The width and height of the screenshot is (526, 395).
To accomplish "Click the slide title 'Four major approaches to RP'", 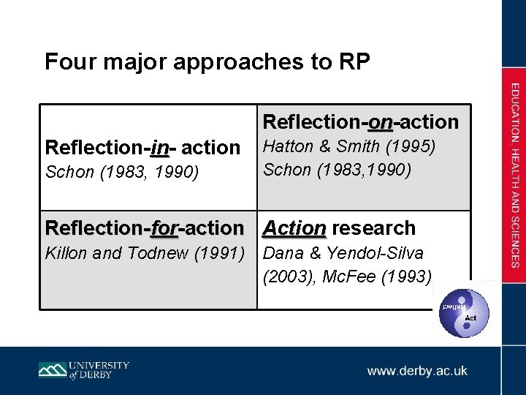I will [207, 61].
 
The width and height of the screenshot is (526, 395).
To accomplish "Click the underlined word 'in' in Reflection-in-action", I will [159, 148].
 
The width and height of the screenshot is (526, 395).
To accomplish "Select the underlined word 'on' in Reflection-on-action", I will [380, 121].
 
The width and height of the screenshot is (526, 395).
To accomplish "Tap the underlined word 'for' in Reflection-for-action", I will [164, 228].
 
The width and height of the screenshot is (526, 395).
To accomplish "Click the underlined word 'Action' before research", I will [294, 228].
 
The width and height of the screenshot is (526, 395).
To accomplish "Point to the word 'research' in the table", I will [373, 228].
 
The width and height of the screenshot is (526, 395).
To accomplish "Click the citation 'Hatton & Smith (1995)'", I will [349, 147].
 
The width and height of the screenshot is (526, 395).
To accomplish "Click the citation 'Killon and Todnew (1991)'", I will [144, 254].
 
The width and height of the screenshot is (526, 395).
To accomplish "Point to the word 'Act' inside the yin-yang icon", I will [471, 319].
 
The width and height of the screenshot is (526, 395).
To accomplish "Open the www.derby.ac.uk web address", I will [417, 371].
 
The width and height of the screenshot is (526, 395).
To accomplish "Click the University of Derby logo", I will [84, 369].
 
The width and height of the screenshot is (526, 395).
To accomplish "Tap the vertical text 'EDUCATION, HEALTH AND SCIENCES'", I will [515, 176].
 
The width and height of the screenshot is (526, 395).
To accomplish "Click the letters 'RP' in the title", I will [354, 61].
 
